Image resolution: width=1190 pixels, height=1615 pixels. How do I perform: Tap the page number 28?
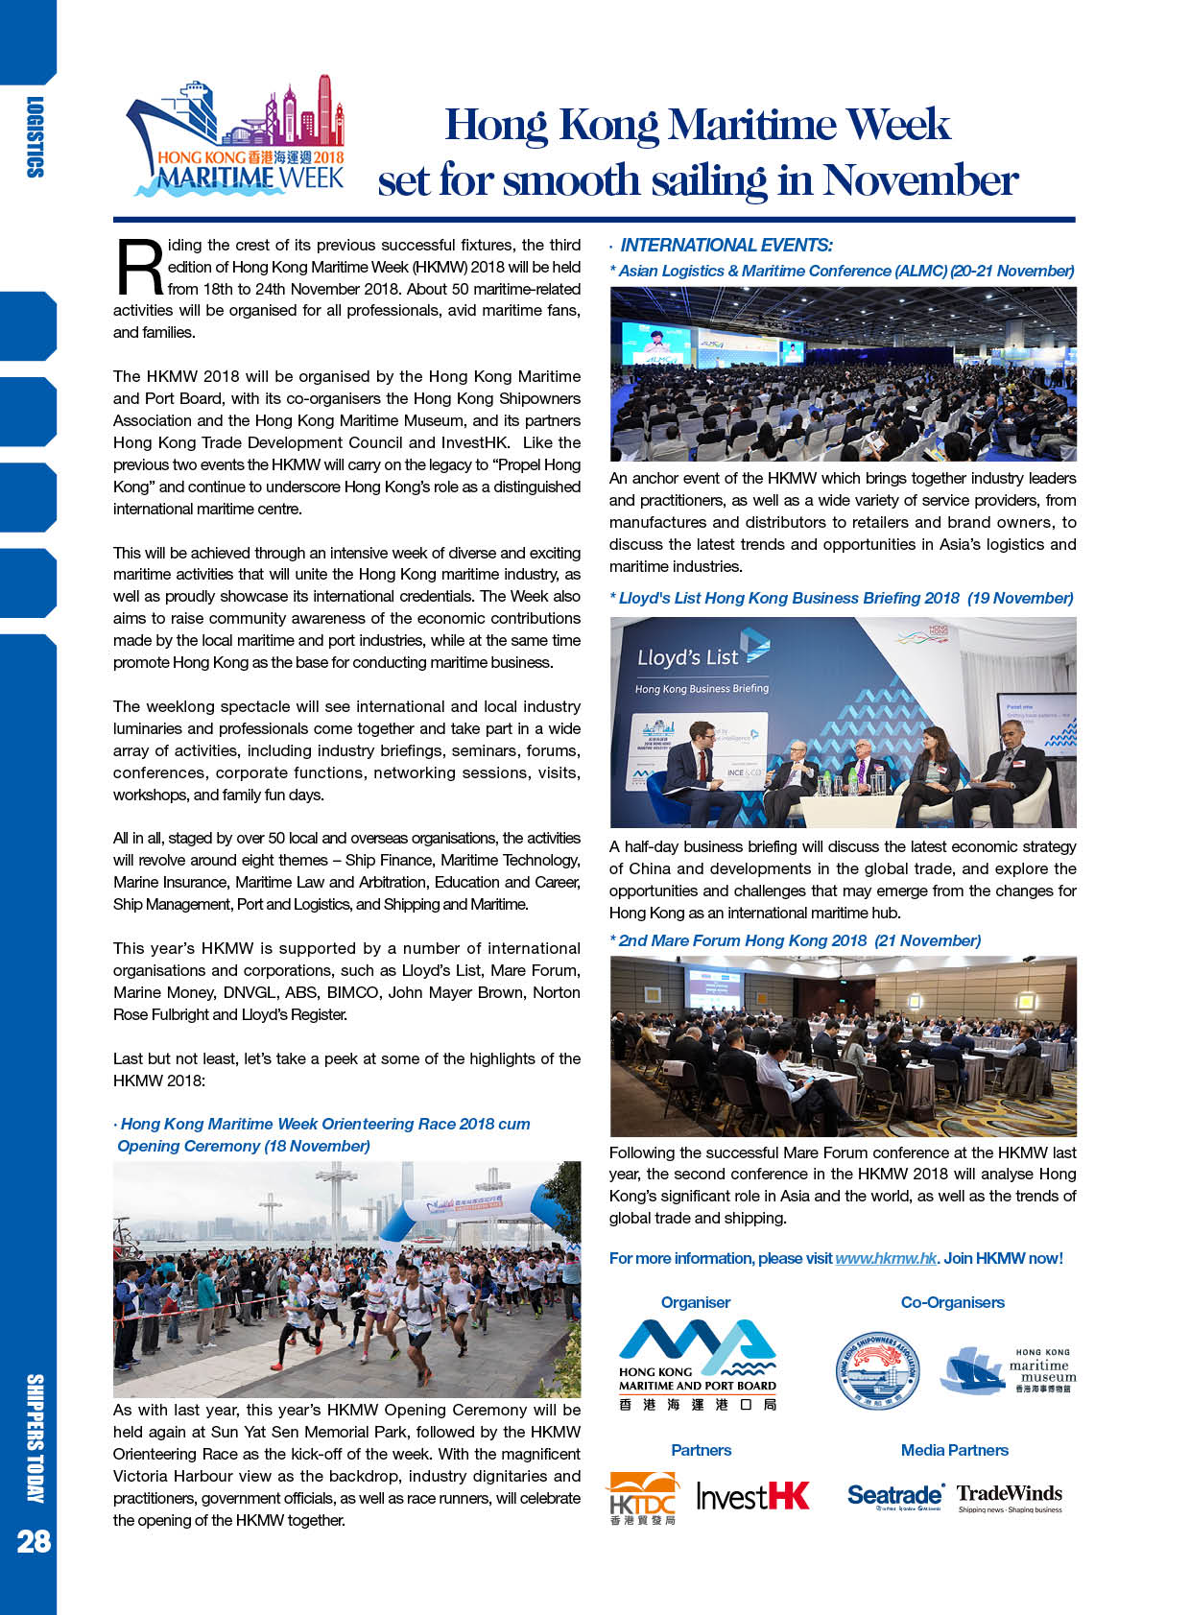click(33, 1541)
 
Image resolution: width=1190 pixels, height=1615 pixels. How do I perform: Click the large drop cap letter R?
click(138, 267)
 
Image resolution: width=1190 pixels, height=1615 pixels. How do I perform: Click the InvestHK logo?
click(752, 1496)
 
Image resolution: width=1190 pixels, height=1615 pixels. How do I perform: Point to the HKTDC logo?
click(642, 1498)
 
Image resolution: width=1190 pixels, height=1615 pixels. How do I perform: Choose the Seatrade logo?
click(895, 1496)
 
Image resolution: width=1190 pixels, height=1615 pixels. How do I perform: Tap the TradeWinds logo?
click(1010, 1495)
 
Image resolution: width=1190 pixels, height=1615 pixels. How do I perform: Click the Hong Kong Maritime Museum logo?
click(1008, 1369)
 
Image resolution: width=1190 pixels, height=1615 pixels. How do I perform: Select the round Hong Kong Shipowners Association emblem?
click(877, 1370)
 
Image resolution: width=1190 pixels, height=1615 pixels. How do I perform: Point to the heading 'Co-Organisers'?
click(952, 1302)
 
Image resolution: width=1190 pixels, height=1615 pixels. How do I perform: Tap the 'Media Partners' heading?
click(954, 1450)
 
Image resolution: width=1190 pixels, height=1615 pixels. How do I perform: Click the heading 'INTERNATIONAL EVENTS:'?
click(726, 246)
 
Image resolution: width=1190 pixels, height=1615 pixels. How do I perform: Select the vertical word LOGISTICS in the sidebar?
click(35, 137)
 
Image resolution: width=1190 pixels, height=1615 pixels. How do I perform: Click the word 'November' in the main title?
click(920, 180)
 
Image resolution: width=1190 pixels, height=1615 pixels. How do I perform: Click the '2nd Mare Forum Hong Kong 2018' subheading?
click(742, 940)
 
